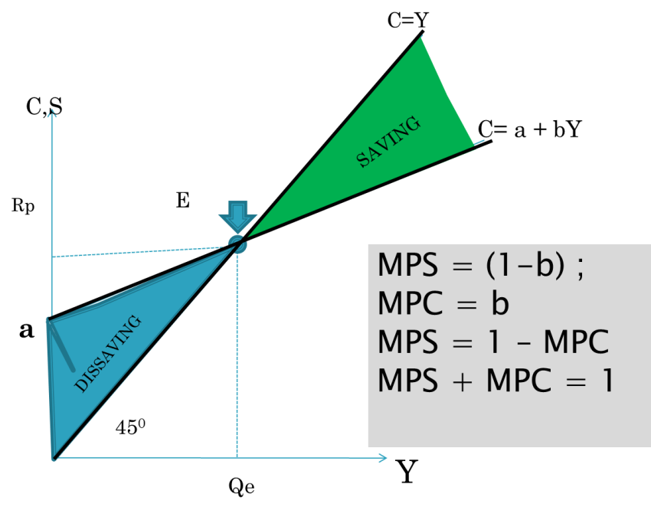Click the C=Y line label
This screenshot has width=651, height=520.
[408, 19]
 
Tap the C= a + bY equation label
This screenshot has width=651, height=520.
[530, 129]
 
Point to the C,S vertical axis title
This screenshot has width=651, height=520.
[44, 106]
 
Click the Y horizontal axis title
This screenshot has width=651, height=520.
[407, 471]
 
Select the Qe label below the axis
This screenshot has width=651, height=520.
[241, 486]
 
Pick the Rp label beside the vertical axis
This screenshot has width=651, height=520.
[23, 205]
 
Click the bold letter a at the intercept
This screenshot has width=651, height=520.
[26, 330]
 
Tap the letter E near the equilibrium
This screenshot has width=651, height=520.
[183, 200]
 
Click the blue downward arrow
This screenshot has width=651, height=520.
[238, 217]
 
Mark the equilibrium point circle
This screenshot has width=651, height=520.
[238, 244]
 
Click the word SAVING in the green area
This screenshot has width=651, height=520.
[388, 142]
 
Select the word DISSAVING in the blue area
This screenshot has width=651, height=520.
[107, 354]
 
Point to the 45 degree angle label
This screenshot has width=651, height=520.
[130, 427]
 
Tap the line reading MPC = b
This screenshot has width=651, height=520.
[443, 303]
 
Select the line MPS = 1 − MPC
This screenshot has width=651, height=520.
[493, 342]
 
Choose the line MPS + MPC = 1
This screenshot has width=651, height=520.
[496, 380]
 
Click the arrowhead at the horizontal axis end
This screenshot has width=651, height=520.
[383, 458]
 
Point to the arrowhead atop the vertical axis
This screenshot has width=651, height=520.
[52, 114]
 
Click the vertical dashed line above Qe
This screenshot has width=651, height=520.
[237, 353]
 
